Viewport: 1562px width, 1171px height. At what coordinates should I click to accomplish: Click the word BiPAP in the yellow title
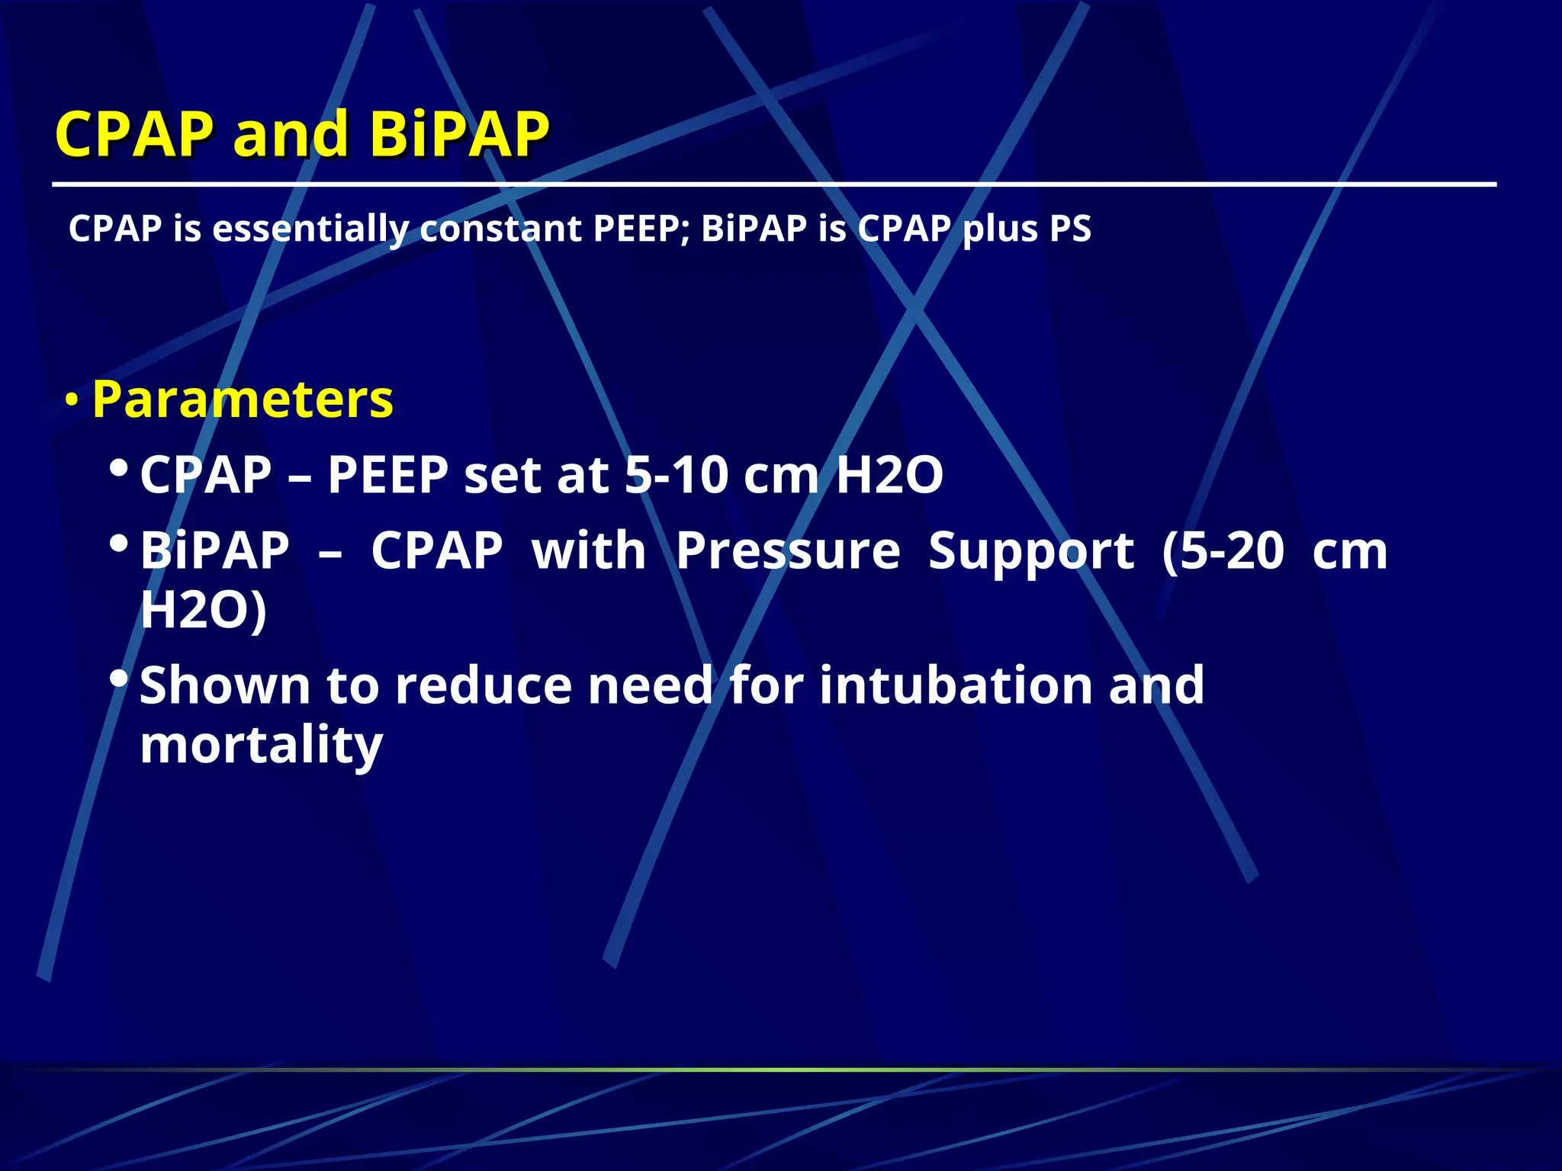459,134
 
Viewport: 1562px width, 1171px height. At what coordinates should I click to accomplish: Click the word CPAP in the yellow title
134,134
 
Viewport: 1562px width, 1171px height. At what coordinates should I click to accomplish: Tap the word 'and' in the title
291,134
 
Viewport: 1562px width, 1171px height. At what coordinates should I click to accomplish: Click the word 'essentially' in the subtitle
310,229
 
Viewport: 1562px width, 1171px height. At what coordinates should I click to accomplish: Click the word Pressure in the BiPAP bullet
788,550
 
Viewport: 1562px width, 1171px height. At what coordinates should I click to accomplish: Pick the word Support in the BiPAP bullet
1031,552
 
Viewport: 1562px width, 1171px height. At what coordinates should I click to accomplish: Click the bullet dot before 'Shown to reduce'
118,676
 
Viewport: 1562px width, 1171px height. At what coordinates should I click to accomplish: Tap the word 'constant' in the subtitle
500,229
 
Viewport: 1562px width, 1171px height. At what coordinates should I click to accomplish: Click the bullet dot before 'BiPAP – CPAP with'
118,543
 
